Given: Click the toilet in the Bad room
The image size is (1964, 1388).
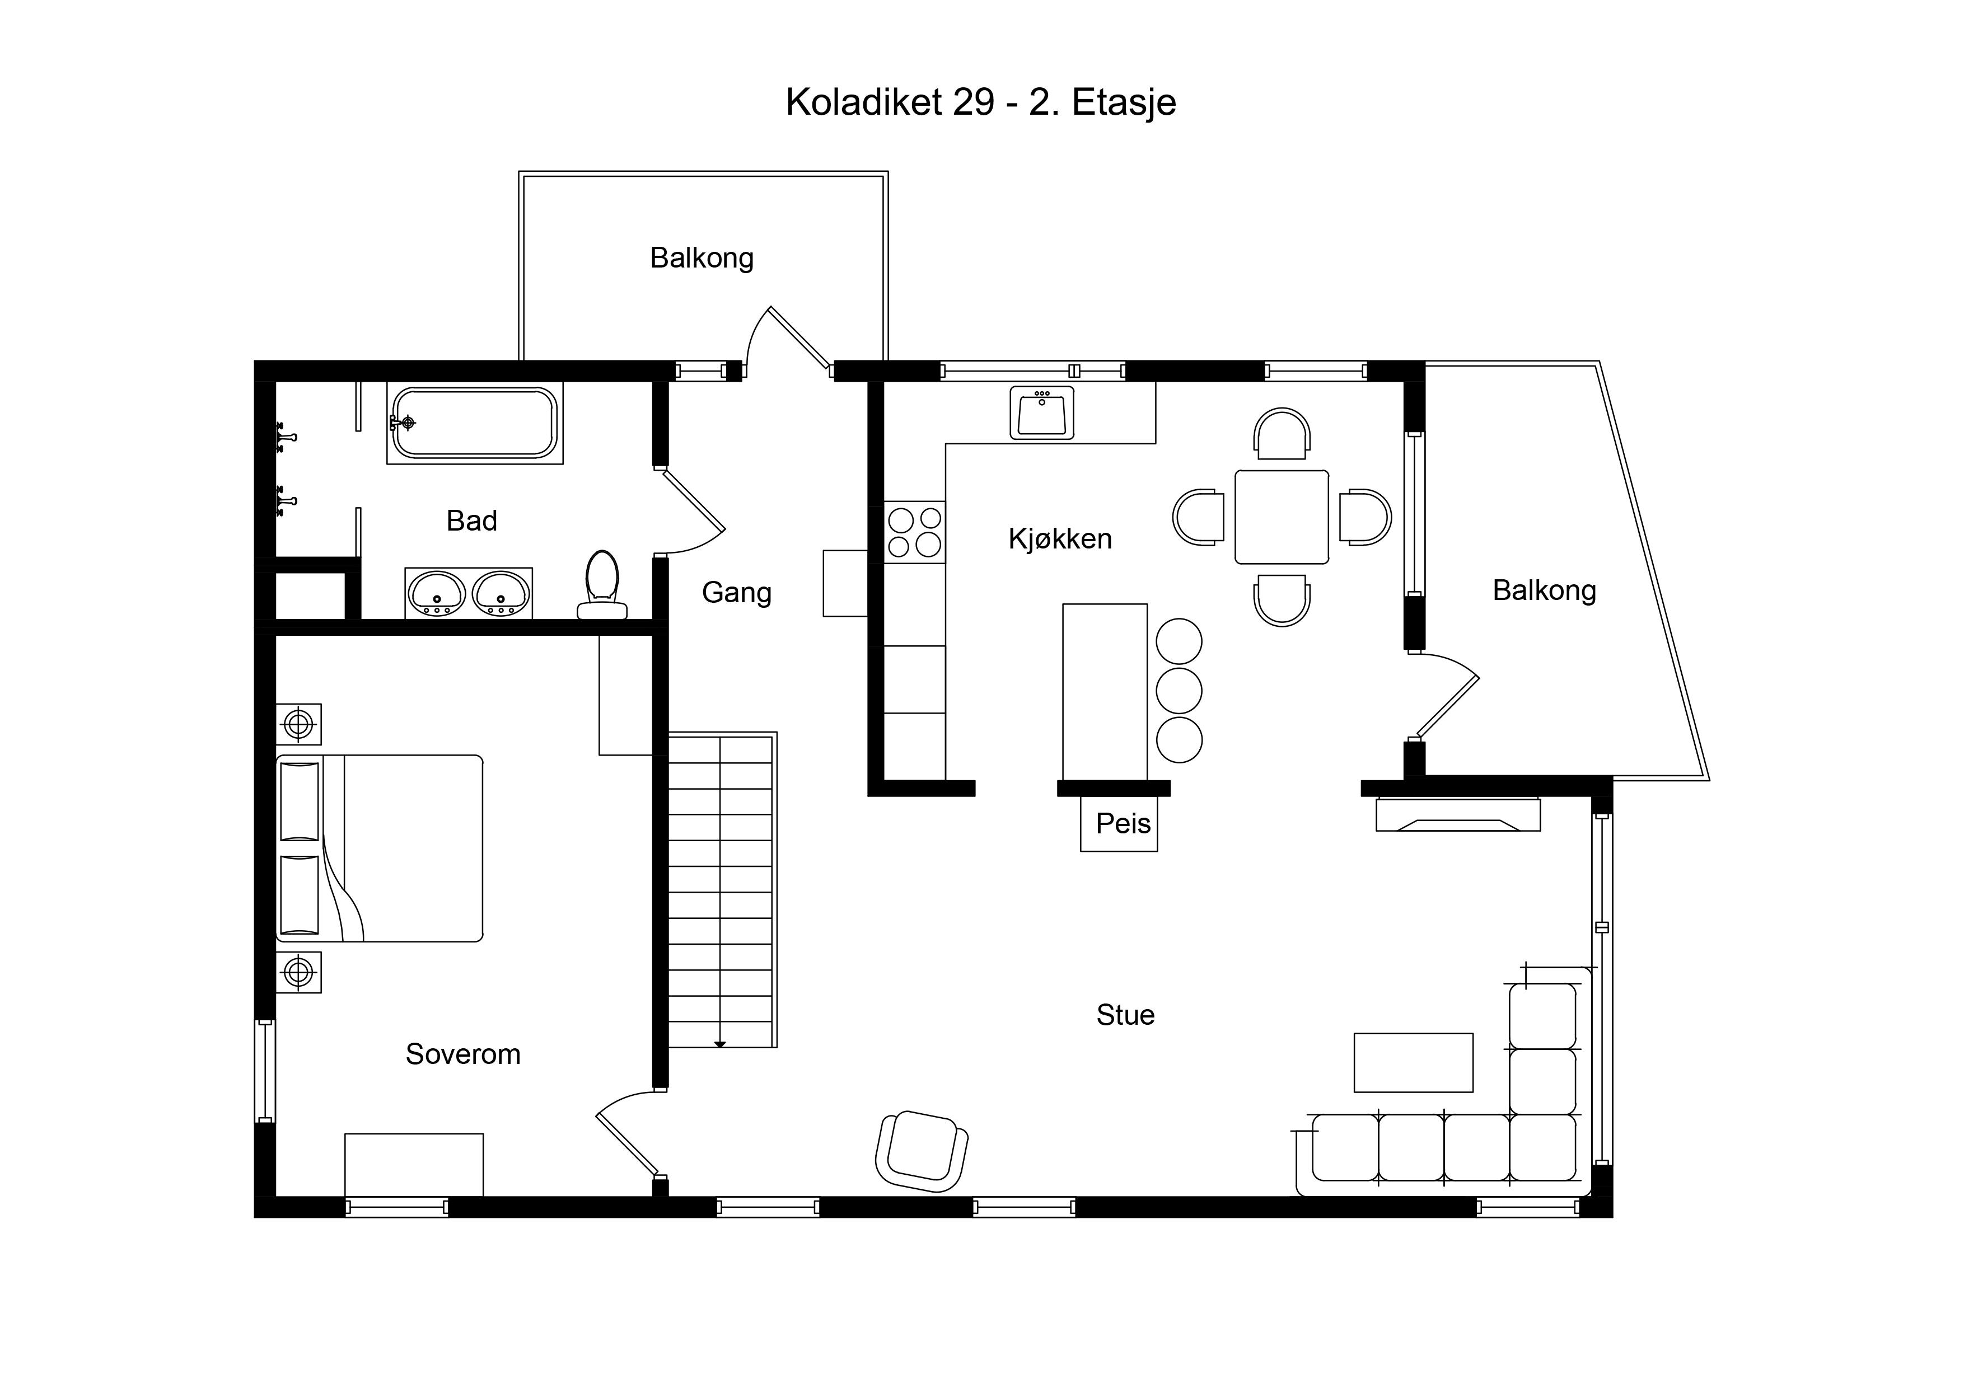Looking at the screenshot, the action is click(602, 584).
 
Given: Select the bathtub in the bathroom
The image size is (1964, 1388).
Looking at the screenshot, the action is click(475, 423).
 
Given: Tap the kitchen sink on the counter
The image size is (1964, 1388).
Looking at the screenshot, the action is click(1042, 412).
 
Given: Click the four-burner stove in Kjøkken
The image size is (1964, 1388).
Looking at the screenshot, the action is click(914, 532).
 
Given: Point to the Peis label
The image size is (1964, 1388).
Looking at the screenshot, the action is click(1123, 823).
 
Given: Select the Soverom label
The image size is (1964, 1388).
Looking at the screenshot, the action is click(463, 1054).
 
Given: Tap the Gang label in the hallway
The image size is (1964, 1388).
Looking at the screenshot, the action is click(737, 593).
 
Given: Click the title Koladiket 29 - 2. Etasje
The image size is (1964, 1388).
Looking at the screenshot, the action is click(981, 102).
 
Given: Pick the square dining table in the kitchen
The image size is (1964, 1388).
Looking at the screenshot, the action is click(1282, 517).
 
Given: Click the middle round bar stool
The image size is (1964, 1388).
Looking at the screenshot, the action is click(1179, 690).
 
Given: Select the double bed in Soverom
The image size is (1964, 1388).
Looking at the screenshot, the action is click(380, 848).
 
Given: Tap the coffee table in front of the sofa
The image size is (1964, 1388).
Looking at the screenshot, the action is click(1413, 1062).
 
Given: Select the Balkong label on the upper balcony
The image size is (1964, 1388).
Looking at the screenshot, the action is click(702, 258).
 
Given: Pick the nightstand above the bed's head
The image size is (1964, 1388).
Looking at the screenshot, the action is click(298, 724).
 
